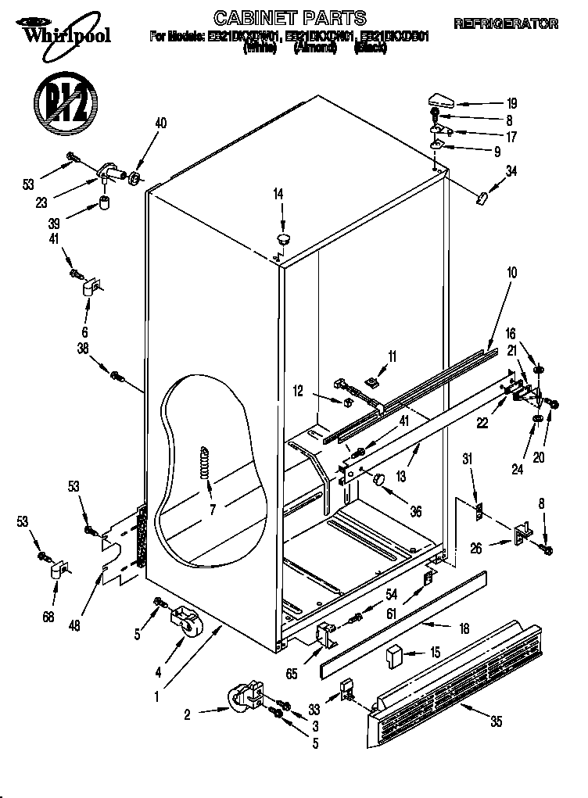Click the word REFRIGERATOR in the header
506,24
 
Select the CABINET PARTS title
289,16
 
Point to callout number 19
511,103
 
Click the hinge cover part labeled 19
440,99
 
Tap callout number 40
161,123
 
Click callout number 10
511,274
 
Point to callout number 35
496,723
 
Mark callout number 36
414,512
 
